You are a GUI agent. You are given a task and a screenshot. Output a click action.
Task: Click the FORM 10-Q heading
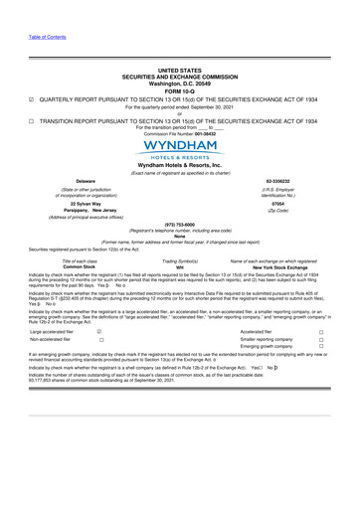(x=179, y=93)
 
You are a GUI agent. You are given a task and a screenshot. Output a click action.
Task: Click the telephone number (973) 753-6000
(x=179, y=252)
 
